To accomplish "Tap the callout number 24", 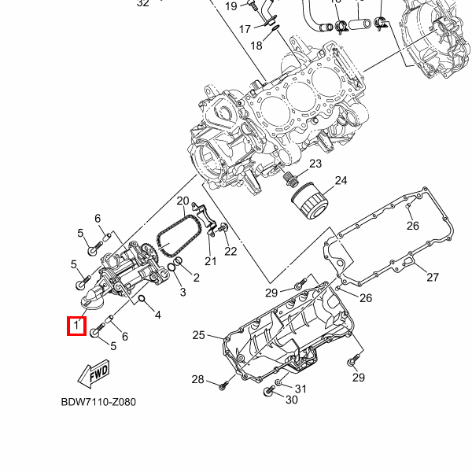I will tap(340, 181).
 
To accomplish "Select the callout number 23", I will tap(315, 164).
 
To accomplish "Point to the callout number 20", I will tap(183, 201).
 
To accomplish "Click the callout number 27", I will tap(432, 277).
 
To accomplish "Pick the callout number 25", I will tap(198, 335).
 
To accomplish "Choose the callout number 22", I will tap(230, 251).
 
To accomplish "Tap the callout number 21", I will tap(210, 260).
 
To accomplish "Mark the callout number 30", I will tap(291, 400).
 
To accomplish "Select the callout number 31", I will tap(301, 389).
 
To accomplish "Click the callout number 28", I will tap(197, 380).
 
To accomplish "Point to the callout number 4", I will tap(157, 315).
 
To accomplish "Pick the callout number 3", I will tap(183, 293).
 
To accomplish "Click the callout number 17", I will tap(245, 29).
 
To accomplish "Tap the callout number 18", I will tap(256, 46).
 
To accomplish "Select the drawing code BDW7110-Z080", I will tap(98, 402).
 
